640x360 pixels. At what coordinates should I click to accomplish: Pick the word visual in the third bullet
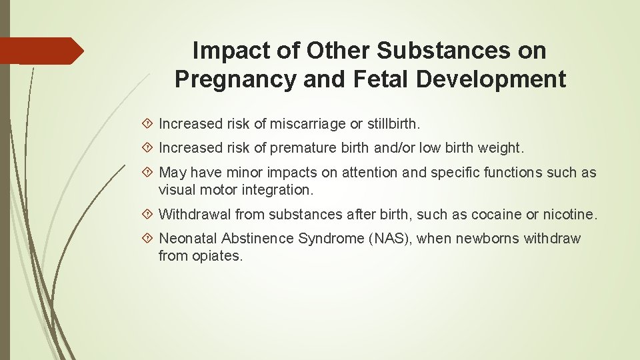pyautogui.click(x=175, y=189)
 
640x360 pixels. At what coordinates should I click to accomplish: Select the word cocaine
pyautogui.click(x=495, y=214)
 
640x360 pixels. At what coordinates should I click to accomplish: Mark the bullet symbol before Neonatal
pyautogui.click(x=149, y=239)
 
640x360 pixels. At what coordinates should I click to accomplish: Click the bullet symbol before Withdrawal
pyautogui.click(x=149, y=214)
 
